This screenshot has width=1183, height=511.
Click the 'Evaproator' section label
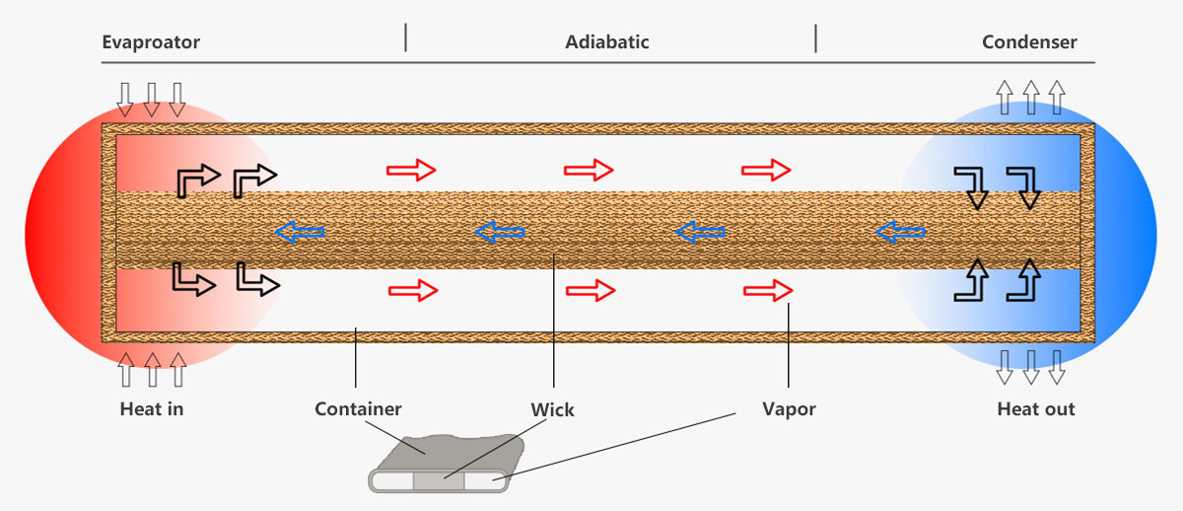pyautogui.click(x=151, y=42)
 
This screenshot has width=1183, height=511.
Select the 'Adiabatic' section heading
pyautogui.click(x=607, y=42)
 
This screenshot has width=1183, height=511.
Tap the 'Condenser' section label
pyautogui.click(x=1029, y=42)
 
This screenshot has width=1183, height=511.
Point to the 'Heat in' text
pyautogui.click(x=152, y=408)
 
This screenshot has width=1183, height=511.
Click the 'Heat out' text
pyautogui.click(x=1036, y=408)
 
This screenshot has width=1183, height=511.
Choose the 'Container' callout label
pyautogui.click(x=358, y=408)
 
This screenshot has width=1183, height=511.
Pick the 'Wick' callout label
pyautogui.click(x=552, y=408)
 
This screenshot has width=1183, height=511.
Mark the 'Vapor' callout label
pyautogui.click(x=789, y=408)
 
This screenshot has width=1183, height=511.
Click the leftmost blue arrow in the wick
pyautogui.click(x=299, y=233)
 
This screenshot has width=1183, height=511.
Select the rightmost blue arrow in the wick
pyautogui.click(x=900, y=233)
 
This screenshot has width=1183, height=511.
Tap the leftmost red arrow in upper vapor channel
pyautogui.click(x=411, y=170)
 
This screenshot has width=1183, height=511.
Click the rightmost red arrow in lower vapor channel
pyautogui.click(x=768, y=290)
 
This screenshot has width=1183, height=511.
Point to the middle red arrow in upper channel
pyautogui.click(x=589, y=170)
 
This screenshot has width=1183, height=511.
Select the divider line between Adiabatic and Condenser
pyautogui.click(x=815, y=38)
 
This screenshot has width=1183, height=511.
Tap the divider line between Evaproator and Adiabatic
pyautogui.click(x=405, y=38)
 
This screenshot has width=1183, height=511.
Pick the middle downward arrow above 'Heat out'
pyautogui.click(x=1030, y=366)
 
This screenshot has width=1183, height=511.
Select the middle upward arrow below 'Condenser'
pyautogui.click(x=1030, y=97)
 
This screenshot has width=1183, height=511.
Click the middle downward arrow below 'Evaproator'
pyautogui.click(x=152, y=98)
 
